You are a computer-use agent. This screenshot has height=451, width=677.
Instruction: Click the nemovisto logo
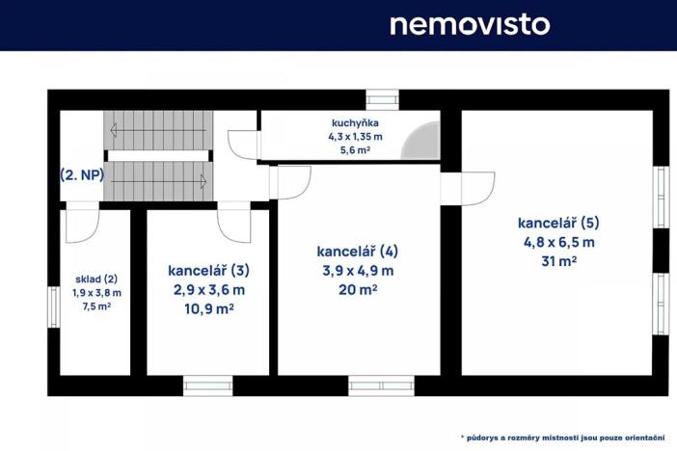[x=469, y=24]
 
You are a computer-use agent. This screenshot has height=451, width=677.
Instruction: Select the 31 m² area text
[x=558, y=260]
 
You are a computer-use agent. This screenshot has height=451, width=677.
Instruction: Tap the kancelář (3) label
[x=208, y=271]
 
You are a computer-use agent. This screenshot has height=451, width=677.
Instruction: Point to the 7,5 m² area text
[x=96, y=307]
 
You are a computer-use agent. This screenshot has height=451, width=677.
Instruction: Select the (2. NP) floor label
[x=81, y=175]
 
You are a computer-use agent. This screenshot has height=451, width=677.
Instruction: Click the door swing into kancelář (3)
[x=234, y=225]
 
